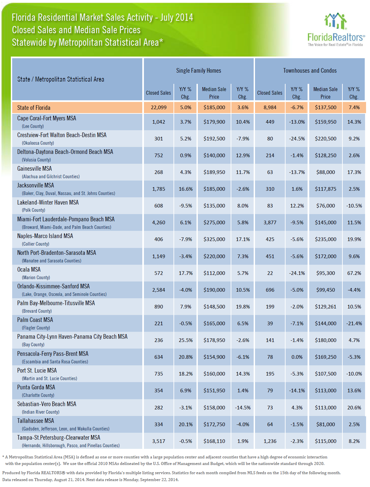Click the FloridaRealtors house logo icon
point(335,21)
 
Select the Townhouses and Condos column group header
point(310,71)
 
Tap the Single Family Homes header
point(198,71)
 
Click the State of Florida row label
point(34,108)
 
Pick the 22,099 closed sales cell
point(158,108)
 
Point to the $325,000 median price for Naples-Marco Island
point(214,239)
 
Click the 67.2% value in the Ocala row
point(354,273)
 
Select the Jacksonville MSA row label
point(35,185)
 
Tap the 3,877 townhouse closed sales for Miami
point(270,222)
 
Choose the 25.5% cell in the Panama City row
point(186,340)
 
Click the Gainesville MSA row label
point(35,169)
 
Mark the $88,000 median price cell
point(325,172)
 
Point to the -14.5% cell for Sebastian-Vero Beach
point(243,407)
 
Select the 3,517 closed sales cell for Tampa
point(158,441)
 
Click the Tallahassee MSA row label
point(35,421)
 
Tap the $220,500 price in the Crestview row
point(325,139)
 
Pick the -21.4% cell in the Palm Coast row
point(354,324)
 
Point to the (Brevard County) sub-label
point(36,311)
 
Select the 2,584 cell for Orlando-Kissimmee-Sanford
point(158,290)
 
